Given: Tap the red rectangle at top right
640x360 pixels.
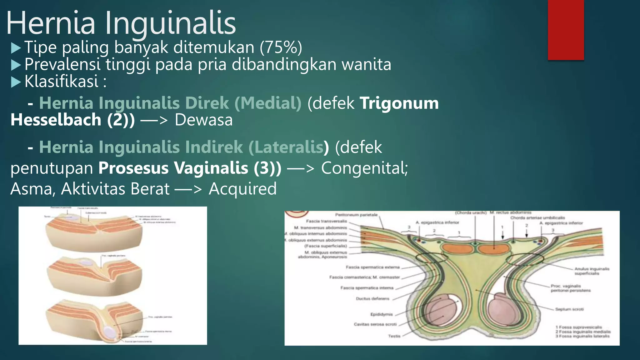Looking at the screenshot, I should (566, 30).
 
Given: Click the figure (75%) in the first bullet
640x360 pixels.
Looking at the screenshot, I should (281, 47).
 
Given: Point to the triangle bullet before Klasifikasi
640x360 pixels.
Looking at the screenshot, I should (16, 82).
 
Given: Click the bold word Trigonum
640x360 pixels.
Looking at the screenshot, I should (399, 103).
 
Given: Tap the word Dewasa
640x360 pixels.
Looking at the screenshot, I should (203, 120).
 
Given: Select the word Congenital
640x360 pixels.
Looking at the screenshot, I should (364, 168).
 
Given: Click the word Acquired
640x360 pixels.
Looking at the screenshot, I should (242, 189).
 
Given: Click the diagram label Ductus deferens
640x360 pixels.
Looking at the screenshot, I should (372, 299).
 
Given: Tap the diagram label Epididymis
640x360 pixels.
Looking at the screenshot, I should (381, 314).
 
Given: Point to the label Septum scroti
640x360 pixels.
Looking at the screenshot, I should (569, 309).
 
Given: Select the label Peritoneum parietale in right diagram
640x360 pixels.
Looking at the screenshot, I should (356, 215).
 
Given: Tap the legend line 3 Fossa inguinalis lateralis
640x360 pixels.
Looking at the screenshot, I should (582, 336).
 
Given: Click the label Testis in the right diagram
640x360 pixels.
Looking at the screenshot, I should (394, 336).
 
